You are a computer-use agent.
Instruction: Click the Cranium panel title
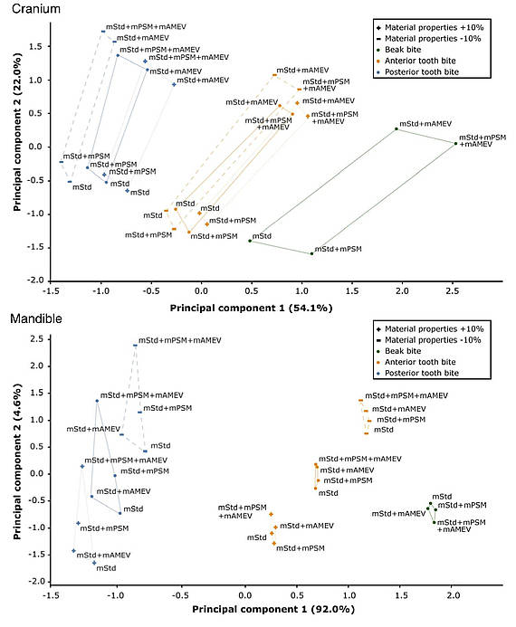click(x=36, y=9)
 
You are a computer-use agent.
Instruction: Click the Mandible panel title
click(x=36, y=318)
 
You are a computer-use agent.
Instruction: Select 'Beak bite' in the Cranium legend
click(x=403, y=50)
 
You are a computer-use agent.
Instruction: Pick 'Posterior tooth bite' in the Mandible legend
click(x=422, y=373)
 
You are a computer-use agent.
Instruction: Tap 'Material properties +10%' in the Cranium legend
click(x=434, y=27)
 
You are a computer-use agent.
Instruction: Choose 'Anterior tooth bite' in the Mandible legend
click(x=420, y=362)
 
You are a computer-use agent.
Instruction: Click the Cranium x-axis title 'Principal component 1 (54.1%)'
click(x=251, y=308)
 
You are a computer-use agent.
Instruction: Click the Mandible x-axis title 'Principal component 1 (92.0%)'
click(x=273, y=609)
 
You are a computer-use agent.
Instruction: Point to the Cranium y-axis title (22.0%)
click(x=17, y=132)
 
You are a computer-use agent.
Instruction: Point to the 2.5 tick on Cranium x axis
click(x=453, y=290)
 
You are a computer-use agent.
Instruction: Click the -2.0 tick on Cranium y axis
click(x=37, y=280)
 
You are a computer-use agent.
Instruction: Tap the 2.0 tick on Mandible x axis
click(x=454, y=595)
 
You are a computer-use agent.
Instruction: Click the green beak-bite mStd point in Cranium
click(x=250, y=241)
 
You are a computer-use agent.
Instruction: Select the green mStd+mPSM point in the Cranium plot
click(x=311, y=253)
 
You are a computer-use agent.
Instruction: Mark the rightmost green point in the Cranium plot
click(x=455, y=144)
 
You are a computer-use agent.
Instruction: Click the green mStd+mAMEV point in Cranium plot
click(x=397, y=128)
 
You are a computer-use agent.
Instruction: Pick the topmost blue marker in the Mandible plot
click(x=135, y=345)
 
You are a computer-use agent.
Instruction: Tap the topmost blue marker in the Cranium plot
click(x=103, y=31)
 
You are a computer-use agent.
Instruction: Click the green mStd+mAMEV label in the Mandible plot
click(x=399, y=513)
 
